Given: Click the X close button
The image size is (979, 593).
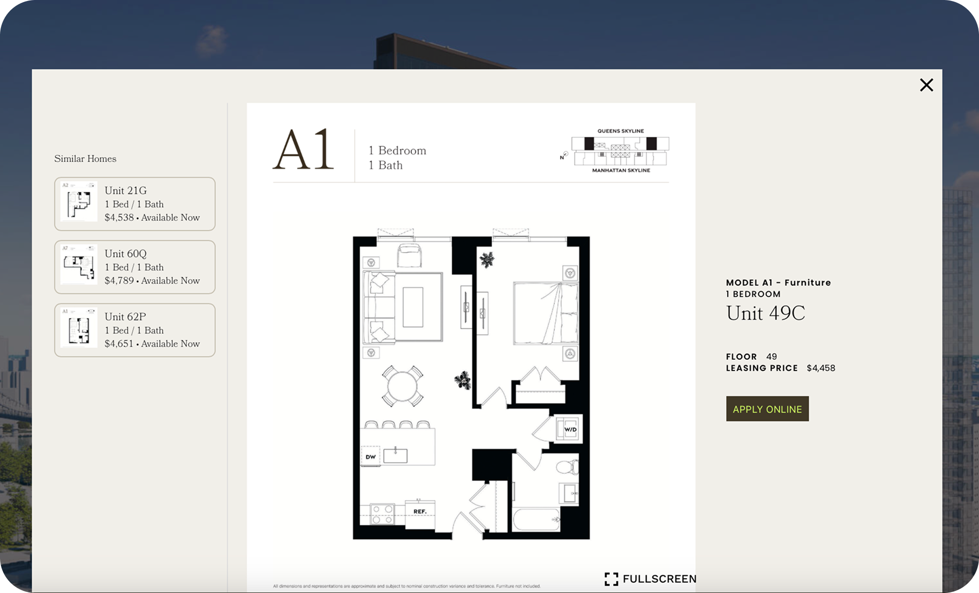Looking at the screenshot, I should pyautogui.click(x=926, y=85).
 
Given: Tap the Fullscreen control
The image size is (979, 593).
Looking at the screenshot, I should pyautogui.click(x=650, y=579).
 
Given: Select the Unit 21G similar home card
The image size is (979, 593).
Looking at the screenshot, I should pyautogui.click(x=134, y=204).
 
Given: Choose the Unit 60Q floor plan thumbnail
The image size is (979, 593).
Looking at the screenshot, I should pyautogui.click(x=79, y=267).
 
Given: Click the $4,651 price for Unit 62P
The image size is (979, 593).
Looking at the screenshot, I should pyautogui.click(x=119, y=343).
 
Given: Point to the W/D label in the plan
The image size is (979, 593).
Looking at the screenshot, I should pyautogui.click(x=570, y=429).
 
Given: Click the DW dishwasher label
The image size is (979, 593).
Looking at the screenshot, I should pyautogui.click(x=370, y=457).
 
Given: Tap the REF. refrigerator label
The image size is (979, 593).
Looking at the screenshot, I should pyautogui.click(x=420, y=511).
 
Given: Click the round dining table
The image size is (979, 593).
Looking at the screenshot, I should pyautogui.click(x=402, y=386).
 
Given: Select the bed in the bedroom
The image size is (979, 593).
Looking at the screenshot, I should pyautogui.click(x=545, y=313).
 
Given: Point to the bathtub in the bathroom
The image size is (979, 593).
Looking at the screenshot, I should pyautogui.click(x=536, y=519).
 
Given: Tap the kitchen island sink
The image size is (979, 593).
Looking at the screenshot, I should pyautogui.click(x=396, y=455).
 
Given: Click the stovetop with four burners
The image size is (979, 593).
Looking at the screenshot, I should pyautogui.click(x=382, y=514).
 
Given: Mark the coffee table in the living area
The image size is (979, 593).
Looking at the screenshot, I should pyautogui.click(x=413, y=307).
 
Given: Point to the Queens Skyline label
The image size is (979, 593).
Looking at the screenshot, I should pyautogui.click(x=621, y=131).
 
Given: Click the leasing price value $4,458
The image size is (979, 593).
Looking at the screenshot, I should pyautogui.click(x=821, y=368).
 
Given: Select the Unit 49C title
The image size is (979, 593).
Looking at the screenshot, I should pyautogui.click(x=765, y=313).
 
